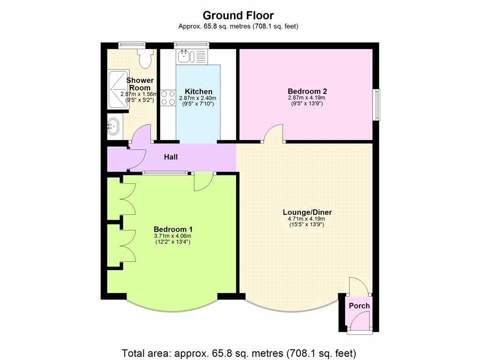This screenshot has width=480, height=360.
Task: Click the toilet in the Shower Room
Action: tap(145, 58)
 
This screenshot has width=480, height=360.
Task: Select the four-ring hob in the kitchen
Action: tap(168, 98)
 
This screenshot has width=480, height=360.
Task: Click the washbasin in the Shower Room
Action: tap(114, 126)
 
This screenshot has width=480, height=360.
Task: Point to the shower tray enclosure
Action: tap(117, 90)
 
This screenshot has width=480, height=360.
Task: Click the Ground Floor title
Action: tap(238, 15)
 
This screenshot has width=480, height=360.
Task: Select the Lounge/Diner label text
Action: tap(307, 212)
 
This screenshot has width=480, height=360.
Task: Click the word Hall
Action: tap(171, 157)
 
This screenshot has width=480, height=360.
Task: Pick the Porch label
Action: tap(360, 306)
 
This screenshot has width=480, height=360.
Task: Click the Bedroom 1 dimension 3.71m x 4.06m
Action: tap(172, 236)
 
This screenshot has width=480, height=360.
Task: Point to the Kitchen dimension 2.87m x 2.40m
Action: tap(198, 98)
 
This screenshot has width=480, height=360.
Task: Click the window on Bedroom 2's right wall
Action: tap(376, 105)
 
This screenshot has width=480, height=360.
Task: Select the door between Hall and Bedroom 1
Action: tap(203, 182)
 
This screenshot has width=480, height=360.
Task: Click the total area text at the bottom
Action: tap(239, 353)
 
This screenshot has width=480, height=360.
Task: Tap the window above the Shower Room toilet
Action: tap(132, 45)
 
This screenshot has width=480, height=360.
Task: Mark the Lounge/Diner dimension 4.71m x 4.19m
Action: tap(307, 219)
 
